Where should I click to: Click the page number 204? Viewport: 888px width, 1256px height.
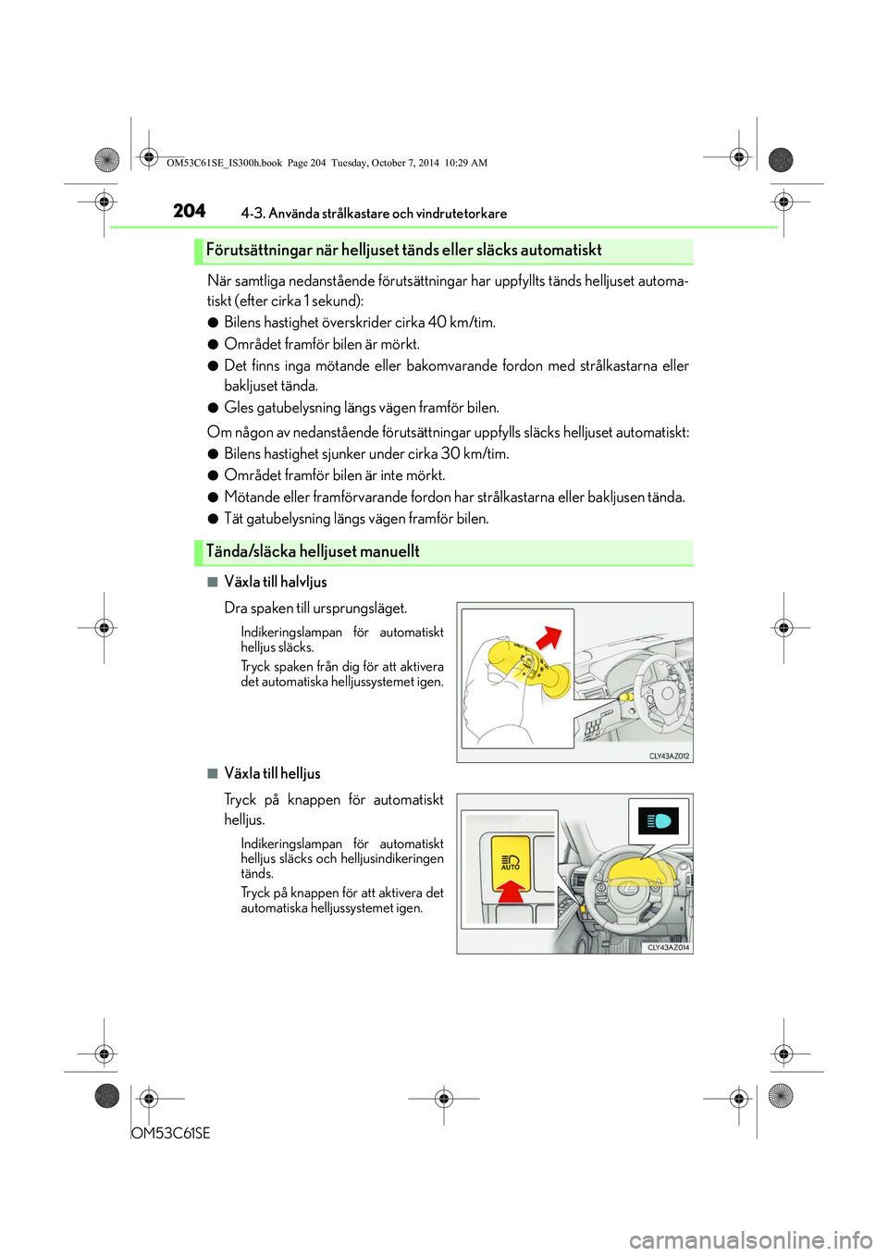click(189, 211)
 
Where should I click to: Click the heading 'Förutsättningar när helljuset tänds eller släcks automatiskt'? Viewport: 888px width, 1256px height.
click(403, 251)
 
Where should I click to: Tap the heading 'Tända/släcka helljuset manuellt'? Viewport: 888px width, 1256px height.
click(313, 552)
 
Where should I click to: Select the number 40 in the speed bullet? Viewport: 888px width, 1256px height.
click(437, 323)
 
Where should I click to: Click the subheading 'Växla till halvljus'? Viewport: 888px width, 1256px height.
click(276, 583)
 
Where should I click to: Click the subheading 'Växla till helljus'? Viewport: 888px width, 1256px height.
click(272, 774)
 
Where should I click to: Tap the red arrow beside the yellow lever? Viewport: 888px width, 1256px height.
click(549, 638)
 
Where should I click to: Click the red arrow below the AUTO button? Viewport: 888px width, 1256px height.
click(511, 890)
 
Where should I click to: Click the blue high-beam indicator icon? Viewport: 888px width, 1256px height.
click(659, 821)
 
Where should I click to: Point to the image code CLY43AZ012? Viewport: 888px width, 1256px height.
click(669, 757)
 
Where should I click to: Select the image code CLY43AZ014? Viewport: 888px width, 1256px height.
click(668, 948)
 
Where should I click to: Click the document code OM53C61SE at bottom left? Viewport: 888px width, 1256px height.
click(171, 1133)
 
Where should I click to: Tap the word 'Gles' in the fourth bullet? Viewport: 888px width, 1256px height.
click(239, 408)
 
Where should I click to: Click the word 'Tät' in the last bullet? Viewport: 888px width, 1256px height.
click(233, 519)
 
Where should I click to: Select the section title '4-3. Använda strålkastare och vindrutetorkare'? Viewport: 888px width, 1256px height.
click(374, 214)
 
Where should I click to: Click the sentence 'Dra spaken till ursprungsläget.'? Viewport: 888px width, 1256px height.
click(315, 609)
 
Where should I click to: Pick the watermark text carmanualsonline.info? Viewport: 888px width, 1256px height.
click(750, 1239)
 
